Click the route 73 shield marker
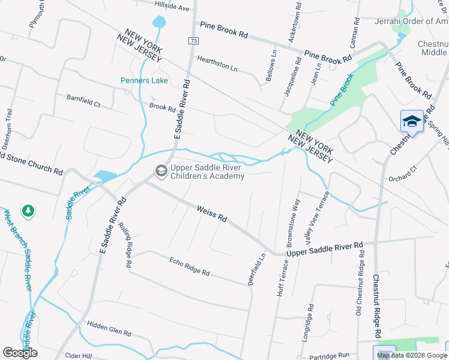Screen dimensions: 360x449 tap(193, 41)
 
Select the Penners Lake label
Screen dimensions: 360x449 tap(144, 80)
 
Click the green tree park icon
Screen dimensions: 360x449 tap(28, 211)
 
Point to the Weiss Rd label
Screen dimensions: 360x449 tap(212, 214)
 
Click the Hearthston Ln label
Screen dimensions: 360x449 tap(217, 63)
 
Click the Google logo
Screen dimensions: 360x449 tap(20, 353)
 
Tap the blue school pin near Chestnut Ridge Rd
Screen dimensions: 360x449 tap(412, 121)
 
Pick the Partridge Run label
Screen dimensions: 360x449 tap(330, 355)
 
